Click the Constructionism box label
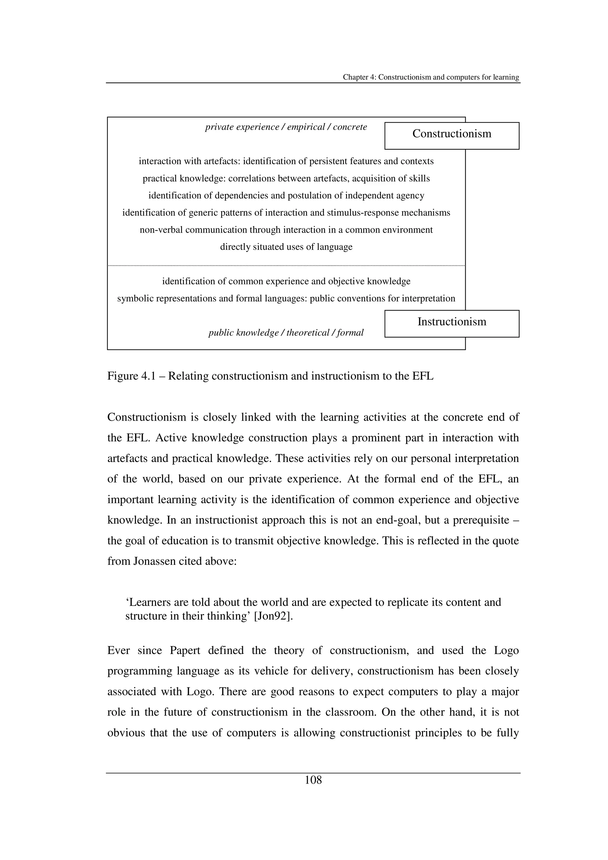coord(452,134)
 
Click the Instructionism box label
coord(452,322)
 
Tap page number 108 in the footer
coord(313,780)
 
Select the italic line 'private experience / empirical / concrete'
coord(286,127)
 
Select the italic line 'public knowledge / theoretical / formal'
coord(286,333)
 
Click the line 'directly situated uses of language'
coord(286,247)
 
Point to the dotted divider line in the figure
coord(286,266)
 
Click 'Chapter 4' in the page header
coord(359,77)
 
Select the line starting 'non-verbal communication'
coord(286,230)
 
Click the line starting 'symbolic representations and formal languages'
coord(286,299)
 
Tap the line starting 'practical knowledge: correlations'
coord(286,179)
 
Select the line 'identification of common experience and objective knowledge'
coord(286,281)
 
